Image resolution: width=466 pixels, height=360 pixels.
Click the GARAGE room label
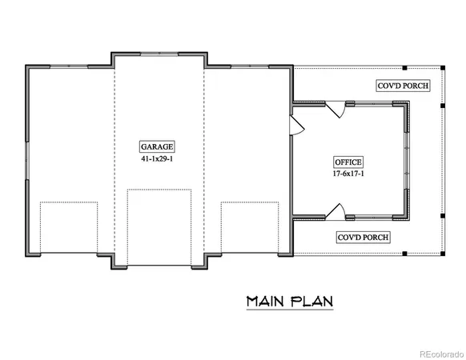coord(158,147)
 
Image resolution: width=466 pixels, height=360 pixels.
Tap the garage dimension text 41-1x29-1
coord(158,160)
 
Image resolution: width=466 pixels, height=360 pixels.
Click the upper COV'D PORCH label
coord(403,85)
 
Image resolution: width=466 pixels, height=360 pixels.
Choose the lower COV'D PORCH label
coord(363,238)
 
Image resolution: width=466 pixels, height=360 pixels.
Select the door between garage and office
coord(295,126)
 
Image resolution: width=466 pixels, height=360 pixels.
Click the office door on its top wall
coord(340,109)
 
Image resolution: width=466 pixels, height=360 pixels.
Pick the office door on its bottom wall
coord(339,211)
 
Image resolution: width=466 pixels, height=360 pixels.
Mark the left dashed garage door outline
coord(68,228)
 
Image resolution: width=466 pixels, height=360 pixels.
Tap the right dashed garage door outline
coord(248,228)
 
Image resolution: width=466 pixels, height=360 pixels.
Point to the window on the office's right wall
coord(409,160)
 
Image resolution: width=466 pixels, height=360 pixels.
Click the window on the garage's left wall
coord(27,160)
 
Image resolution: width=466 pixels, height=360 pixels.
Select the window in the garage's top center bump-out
coord(158,54)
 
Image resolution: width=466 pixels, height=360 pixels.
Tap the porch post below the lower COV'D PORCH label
coord(404,254)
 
